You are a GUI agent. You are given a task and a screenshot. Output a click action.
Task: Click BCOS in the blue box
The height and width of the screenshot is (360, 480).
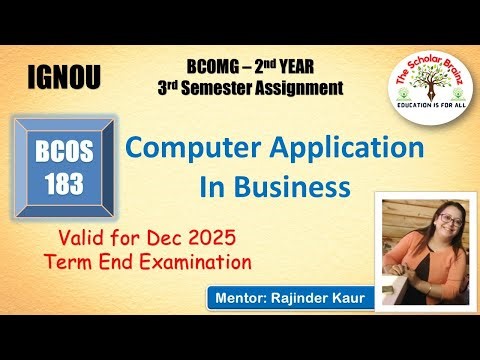click(62, 157)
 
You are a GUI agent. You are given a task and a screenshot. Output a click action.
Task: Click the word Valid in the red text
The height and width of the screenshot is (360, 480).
click(88, 240)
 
